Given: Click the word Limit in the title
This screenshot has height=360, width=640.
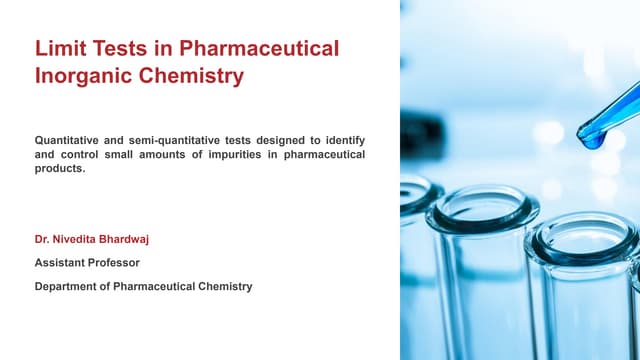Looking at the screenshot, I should [58, 48].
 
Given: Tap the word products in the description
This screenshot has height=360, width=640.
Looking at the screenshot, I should [58, 168].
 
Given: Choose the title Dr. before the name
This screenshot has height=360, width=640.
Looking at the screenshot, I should [43, 241].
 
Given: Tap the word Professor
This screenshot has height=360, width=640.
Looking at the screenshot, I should [116, 263].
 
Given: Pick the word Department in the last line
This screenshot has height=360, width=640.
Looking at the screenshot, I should [69, 286].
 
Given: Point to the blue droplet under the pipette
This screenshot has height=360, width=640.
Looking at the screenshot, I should [592, 141].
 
